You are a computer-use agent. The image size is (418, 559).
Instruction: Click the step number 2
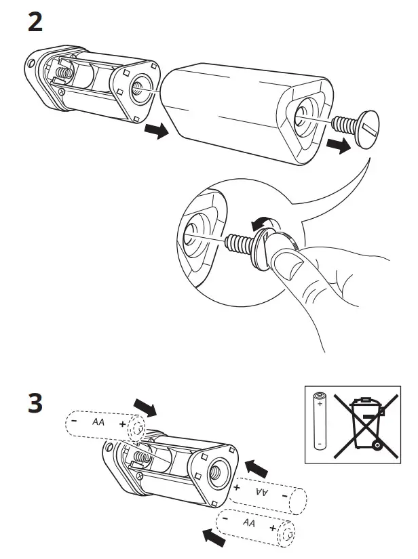(35, 22)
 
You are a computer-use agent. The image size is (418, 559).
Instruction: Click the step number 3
(35, 405)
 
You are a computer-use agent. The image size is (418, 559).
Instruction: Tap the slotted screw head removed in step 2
(366, 127)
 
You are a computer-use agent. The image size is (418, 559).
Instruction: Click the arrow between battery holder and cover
(157, 131)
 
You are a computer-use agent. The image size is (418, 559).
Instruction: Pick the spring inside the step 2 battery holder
(64, 70)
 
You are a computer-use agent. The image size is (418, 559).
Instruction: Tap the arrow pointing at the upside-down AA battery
(255, 467)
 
